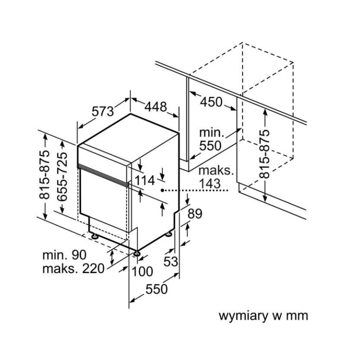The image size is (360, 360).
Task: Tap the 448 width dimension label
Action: point(155,107)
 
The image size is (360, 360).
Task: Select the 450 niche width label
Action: point(211,102)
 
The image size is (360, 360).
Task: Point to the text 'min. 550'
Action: point(211,139)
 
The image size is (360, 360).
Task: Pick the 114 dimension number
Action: point(145,180)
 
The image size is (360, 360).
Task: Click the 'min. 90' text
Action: point(64,255)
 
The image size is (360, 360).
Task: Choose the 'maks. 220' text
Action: point(73,269)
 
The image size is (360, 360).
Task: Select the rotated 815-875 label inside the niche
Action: point(265,153)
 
